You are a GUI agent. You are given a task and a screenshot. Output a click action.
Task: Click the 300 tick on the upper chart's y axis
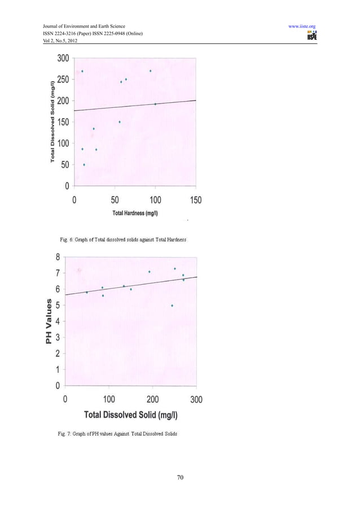point(63,58)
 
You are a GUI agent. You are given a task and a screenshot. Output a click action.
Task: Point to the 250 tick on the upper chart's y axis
point(63,80)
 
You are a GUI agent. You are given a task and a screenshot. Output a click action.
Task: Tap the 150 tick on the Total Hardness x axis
point(195,200)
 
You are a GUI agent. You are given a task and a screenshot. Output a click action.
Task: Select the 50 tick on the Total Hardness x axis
point(115,200)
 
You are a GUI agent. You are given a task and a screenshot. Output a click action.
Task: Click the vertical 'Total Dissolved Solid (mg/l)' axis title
point(52,122)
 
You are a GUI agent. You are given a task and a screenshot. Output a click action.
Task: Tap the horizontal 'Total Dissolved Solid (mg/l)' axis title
point(131,415)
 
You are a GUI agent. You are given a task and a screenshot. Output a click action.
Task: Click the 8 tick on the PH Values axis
point(58,257)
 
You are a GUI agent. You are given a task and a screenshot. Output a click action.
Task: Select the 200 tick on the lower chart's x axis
point(152,399)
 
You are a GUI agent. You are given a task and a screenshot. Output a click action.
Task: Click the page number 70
point(180,478)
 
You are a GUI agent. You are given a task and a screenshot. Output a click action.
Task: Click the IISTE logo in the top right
point(311,36)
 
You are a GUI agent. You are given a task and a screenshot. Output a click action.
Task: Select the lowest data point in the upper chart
point(84,164)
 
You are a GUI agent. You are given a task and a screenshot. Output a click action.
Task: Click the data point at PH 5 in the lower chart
point(172,306)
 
